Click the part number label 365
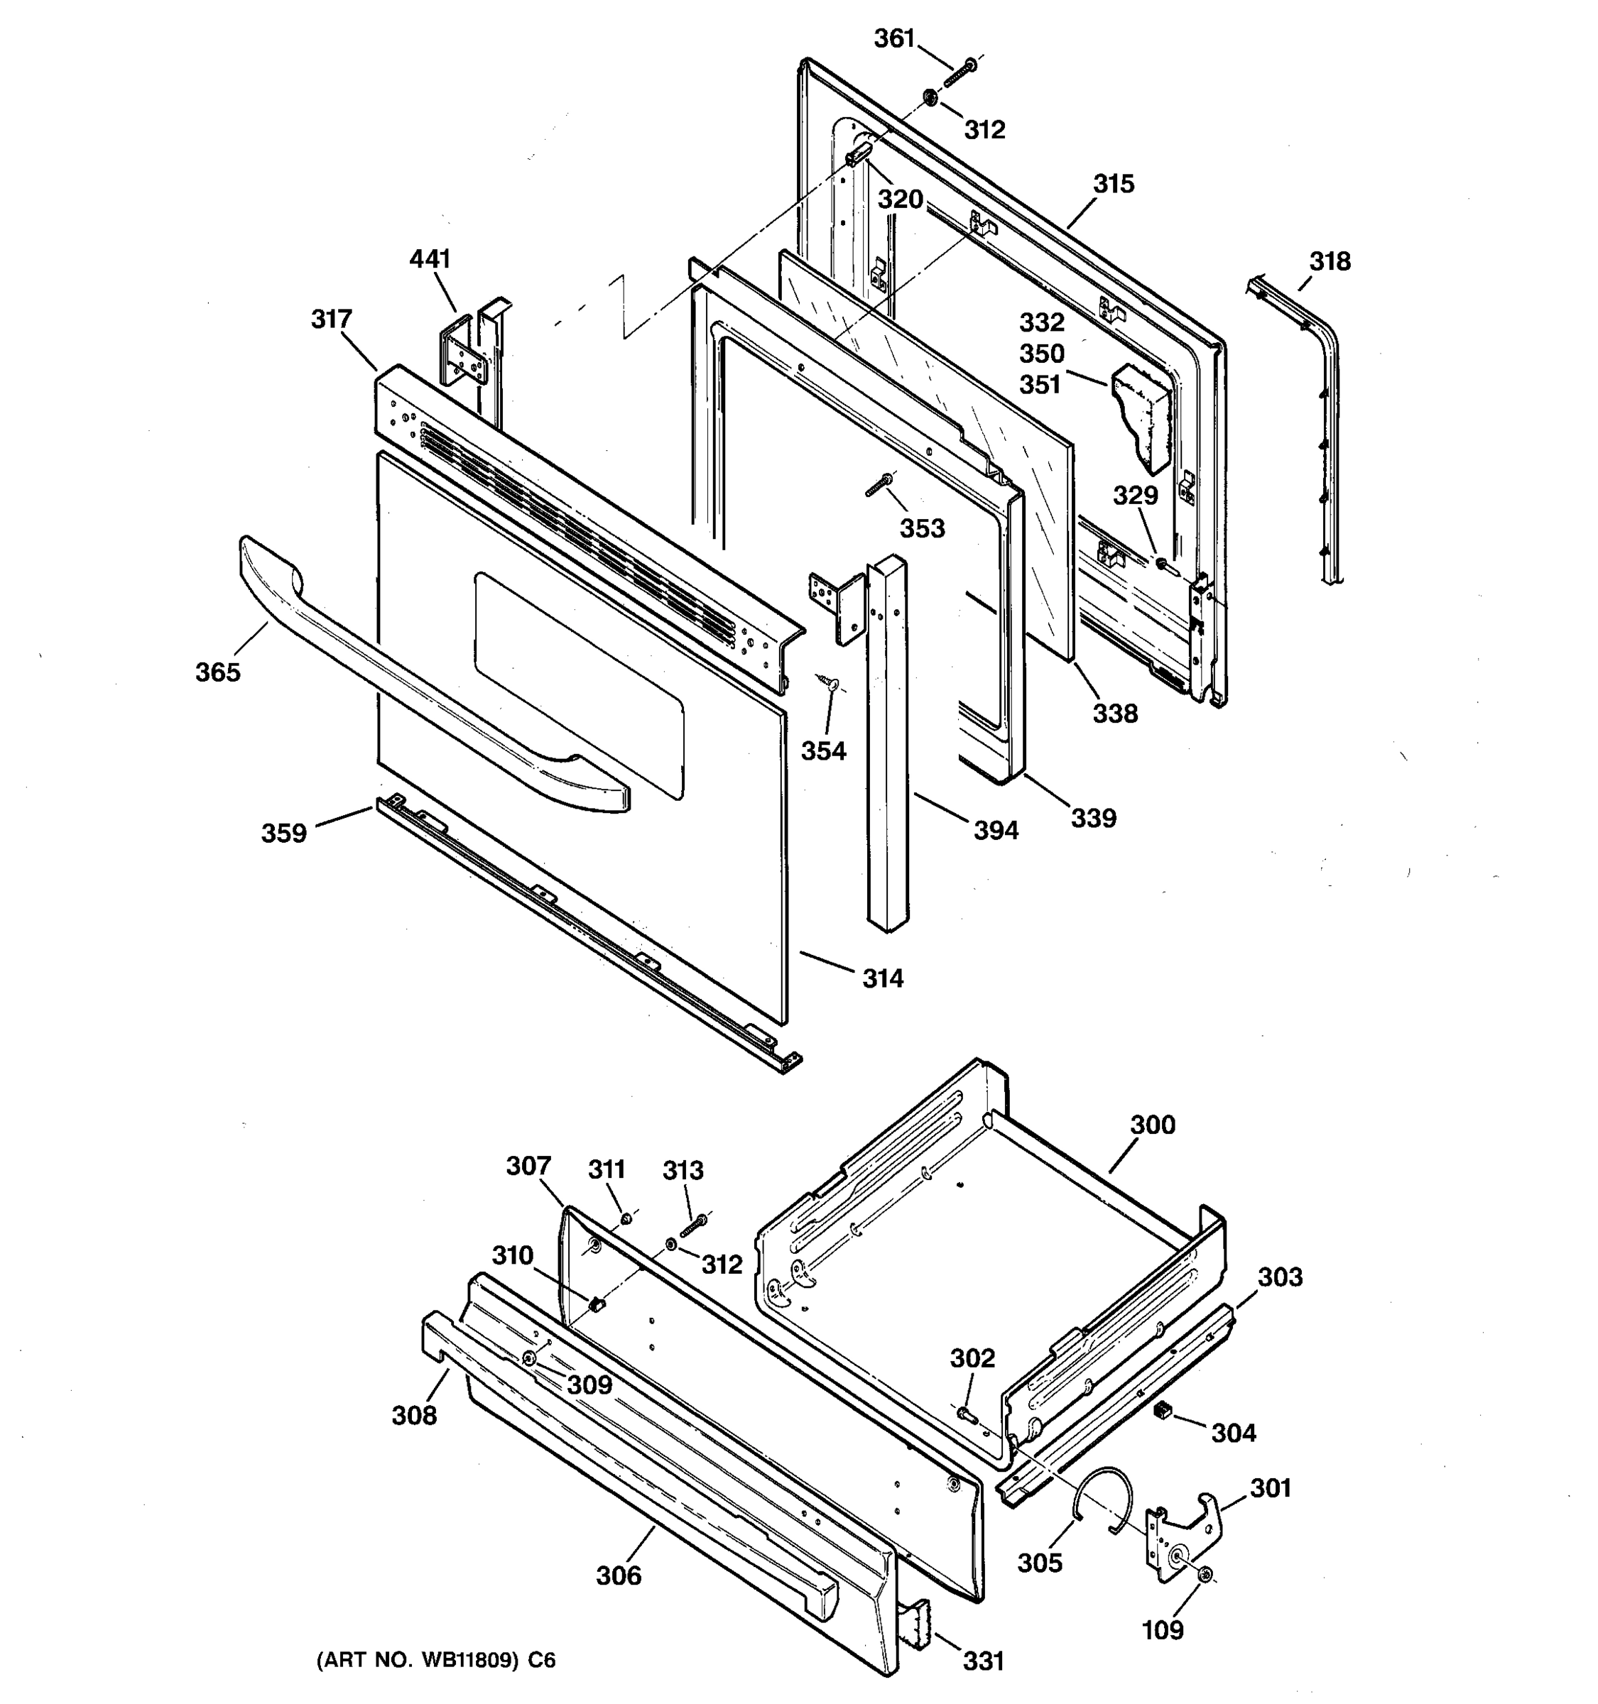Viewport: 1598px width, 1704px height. (218, 673)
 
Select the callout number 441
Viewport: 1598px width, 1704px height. (430, 259)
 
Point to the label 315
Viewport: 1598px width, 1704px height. (1114, 185)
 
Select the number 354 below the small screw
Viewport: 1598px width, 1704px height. (823, 752)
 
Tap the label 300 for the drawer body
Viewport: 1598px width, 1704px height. (1152, 1125)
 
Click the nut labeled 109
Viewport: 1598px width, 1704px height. (1206, 1573)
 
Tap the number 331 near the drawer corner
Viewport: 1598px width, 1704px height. (984, 1661)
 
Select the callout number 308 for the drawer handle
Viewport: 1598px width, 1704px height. (414, 1416)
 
